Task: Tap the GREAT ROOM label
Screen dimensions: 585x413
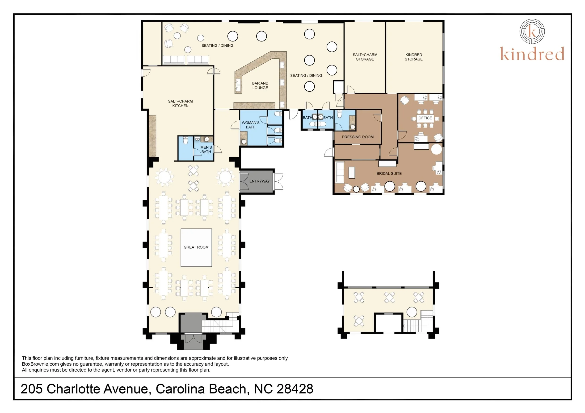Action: click(x=196, y=247)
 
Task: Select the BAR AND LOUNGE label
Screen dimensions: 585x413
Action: click(x=260, y=86)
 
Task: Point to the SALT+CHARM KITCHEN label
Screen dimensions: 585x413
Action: click(x=180, y=103)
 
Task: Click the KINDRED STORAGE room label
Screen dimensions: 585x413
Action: click(x=413, y=57)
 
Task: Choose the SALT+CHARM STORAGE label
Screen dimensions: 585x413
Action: click(x=365, y=57)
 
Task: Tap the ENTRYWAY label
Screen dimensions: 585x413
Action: click(x=259, y=181)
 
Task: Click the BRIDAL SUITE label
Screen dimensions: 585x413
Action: click(x=389, y=173)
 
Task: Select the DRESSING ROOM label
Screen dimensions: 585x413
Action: click(x=358, y=137)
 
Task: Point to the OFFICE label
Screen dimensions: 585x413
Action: click(x=425, y=118)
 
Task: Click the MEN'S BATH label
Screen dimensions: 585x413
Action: click(x=206, y=150)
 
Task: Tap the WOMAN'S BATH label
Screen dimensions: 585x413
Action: click(x=251, y=125)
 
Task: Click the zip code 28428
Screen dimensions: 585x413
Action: click(x=295, y=389)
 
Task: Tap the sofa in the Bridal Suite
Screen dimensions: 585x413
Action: click(x=340, y=172)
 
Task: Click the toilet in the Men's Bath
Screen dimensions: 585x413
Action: click(x=185, y=141)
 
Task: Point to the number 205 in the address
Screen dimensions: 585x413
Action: click(x=31, y=389)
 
